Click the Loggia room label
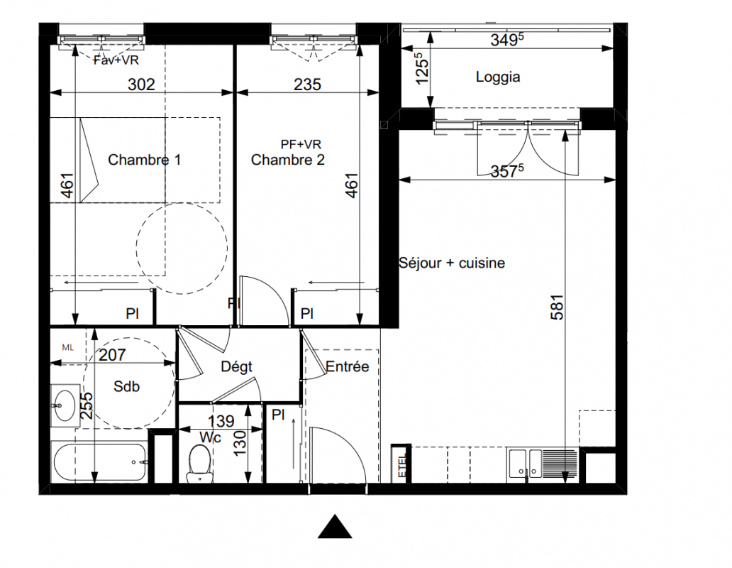pos(498,77)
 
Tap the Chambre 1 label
pos(144,160)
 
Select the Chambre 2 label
pos(287,160)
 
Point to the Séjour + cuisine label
pos(452,263)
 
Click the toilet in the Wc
pos(200,463)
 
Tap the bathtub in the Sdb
pos(100,462)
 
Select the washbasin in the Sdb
pos(65,405)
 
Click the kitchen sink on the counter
pos(525,463)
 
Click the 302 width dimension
pos(141,84)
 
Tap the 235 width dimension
pos(308,84)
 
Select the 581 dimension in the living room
pos(558,307)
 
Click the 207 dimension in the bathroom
pos(112,355)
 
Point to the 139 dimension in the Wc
pos(221,421)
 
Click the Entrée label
pos(348,366)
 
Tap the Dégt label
pos(237,367)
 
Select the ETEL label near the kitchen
pos(402,466)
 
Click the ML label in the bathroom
pos(67,347)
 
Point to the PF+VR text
pos(301,144)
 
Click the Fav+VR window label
pos(116,60)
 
